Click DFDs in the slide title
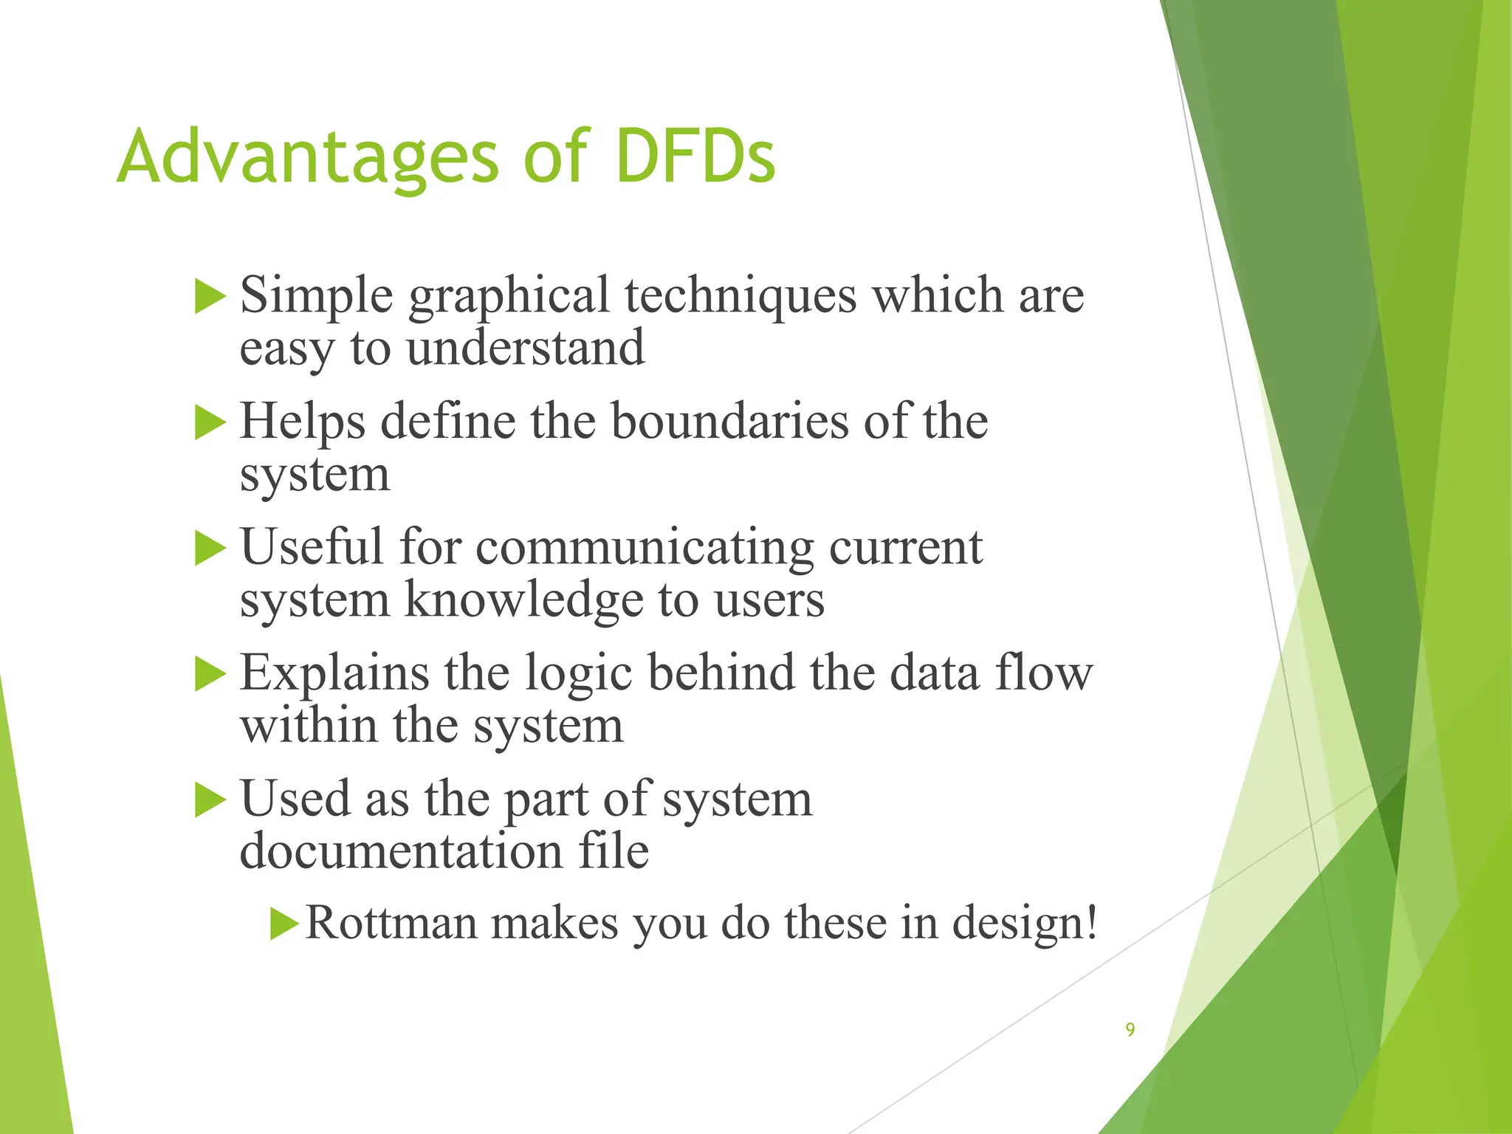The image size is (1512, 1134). [x=695, y=157]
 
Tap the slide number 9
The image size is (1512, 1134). [x=1130, y=1029]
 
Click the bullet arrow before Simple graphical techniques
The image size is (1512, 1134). [x=210, y=297]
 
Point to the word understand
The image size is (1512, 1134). [x=525, y=348]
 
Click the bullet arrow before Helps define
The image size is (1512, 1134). [x=210, y=423]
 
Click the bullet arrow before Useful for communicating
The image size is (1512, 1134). [x=210, y=549]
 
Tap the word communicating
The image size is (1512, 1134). [x=644, y=549]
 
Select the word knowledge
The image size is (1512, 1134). [x=524, y=600]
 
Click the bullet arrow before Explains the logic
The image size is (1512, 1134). [x=210, y=675]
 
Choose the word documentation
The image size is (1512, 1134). [x=401, y=852]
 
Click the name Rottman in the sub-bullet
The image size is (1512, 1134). [x=391, y=923]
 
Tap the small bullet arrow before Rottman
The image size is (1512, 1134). [x=283, y=924]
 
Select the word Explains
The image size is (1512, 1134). [x=334, y=675]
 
